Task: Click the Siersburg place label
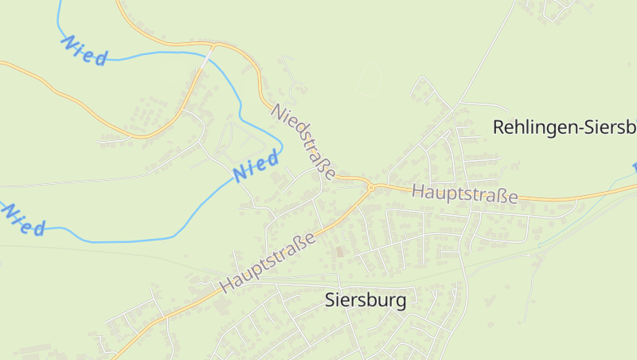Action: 365,300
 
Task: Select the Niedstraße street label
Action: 303,139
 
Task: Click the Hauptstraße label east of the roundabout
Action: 465,194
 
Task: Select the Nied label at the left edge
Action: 22,219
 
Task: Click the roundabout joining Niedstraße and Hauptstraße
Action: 370,187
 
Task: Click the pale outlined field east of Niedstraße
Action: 368,80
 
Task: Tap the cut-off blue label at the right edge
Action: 635,166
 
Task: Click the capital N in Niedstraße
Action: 276,110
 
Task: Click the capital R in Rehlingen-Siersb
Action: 498,127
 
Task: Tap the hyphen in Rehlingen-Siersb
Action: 570,128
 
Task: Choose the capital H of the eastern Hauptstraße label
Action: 418,191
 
